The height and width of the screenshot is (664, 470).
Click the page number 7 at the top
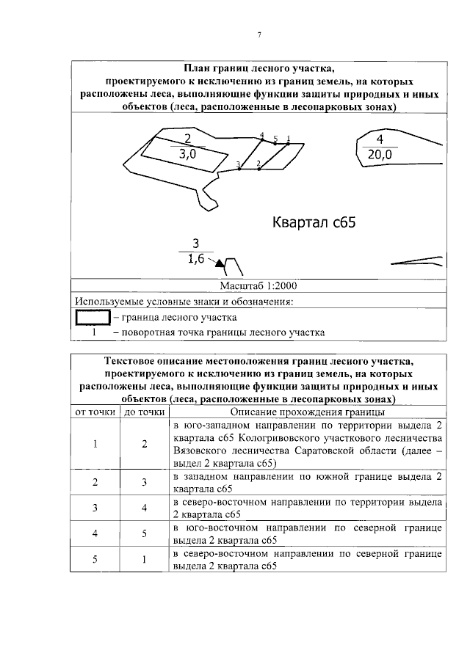click(258, 34)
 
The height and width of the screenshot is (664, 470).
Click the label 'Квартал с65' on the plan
click(314, 222)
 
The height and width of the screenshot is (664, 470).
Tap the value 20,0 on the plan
click(379, 154)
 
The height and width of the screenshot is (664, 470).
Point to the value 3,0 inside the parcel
click(187, 154)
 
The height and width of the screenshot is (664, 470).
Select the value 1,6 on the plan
click(195, 258)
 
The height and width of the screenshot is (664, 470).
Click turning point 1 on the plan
click(288, 143)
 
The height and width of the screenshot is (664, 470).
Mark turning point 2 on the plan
click(259, 169)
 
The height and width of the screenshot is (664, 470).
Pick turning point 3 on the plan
click(240, 169)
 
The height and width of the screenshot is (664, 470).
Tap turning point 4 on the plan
click(262, 140)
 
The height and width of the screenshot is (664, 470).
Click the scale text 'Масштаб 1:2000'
click(258, 285)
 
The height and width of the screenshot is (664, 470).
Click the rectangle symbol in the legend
click(92, 318)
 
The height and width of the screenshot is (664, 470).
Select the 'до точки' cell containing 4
click(144, 507)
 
